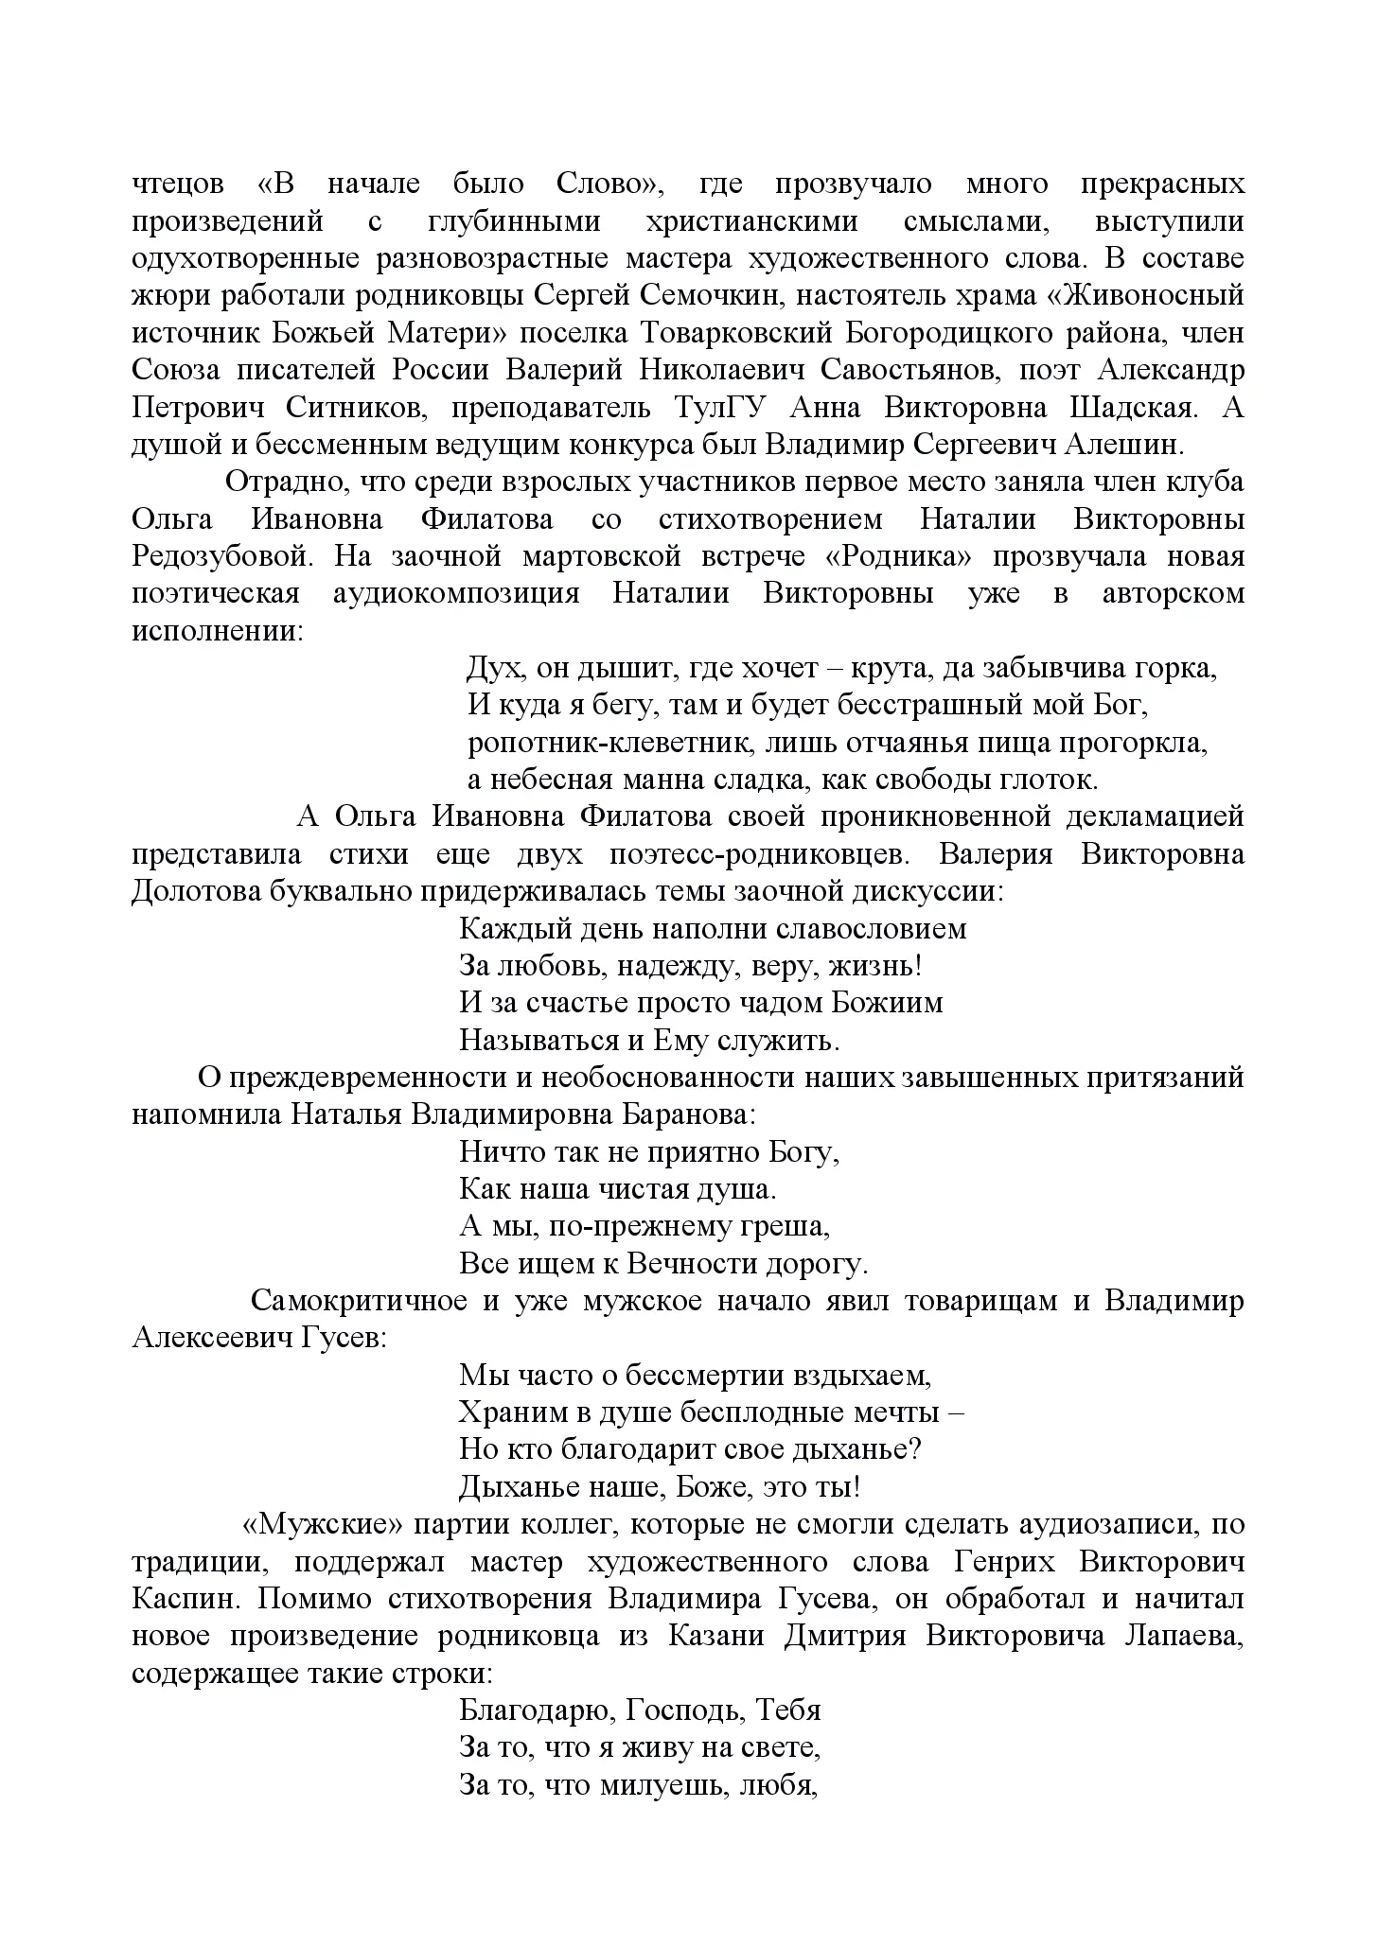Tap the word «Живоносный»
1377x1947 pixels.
coord(1146,296)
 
